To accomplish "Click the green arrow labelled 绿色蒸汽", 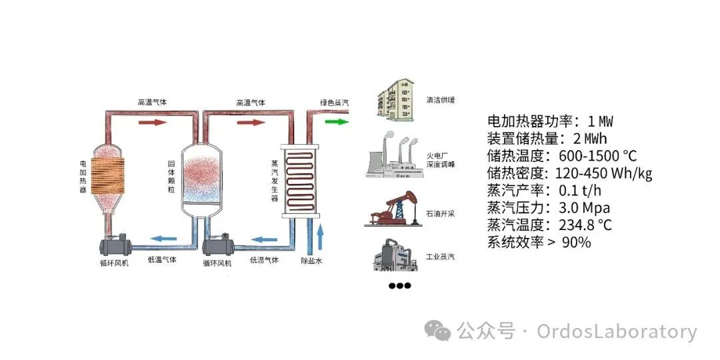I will pos(339,122).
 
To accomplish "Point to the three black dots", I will pos(399,286).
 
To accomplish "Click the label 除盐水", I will pos(311,261).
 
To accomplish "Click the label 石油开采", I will pos(439,215).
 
